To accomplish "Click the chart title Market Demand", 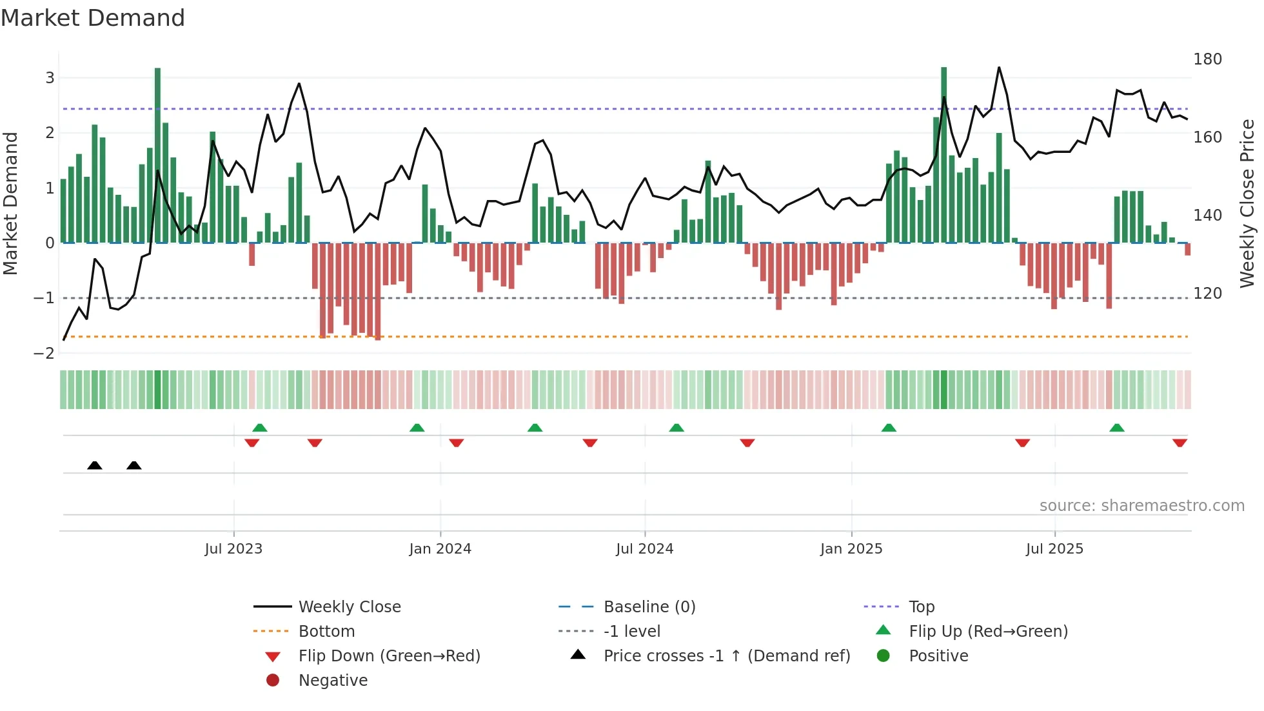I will (x=93, y=18).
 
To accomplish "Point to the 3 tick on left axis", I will (x=50, y=78).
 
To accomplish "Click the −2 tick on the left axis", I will (x=44, y=354).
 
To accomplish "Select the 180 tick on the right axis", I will (x=1207, y=59).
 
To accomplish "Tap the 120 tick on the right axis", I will (x=1207, y=294).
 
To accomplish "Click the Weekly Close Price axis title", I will (x=1247, y=203).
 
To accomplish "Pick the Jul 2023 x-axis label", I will (x=233, y=549).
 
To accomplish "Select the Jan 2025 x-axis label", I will (x=851, y=549).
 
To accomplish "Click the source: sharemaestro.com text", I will (x=1141, y=506).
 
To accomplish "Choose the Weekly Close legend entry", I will (x=349, y=607).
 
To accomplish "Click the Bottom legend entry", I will (x=326, y=632).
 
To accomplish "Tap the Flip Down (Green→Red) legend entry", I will (x=389, y=656).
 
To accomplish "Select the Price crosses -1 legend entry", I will (x=726, y=656).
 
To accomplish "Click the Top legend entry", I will (x=922, y=607).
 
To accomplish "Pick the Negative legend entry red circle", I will (x=273, y=681).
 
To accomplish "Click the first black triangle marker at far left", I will (x=95, y=466).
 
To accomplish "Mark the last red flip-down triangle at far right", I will (x=1180, y=443).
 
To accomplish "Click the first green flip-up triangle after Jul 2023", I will (x=260, y=428).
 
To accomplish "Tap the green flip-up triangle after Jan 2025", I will (x=889, y=428).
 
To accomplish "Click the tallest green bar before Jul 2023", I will (x=157, y=155).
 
